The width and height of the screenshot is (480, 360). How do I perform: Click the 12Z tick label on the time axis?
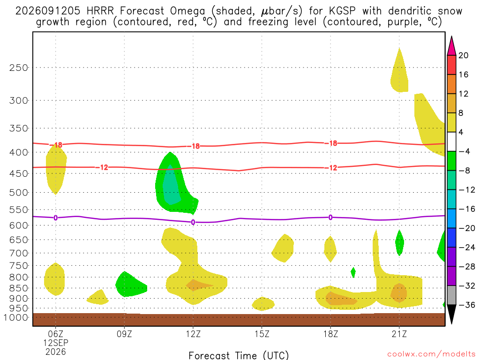click(193, 334)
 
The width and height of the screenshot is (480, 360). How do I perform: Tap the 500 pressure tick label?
click(19, 193)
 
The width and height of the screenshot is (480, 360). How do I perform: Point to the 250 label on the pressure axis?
click(19, 67)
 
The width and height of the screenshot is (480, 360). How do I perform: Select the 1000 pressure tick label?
click(16, 317)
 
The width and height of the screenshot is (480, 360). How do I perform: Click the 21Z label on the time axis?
click(399, 334)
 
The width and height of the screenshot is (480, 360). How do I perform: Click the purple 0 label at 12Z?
click(193, 222)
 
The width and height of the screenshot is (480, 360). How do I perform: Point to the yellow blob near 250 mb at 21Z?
click(399, 74)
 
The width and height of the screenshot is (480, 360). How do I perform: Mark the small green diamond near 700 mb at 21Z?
click(399, 242)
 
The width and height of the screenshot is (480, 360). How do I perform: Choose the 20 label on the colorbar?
click(463, 55)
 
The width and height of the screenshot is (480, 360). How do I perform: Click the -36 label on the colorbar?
click(466, 305)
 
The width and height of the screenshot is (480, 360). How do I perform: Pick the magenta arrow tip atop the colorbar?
click(451, 37)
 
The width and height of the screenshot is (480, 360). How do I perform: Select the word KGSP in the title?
click(342, 11)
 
